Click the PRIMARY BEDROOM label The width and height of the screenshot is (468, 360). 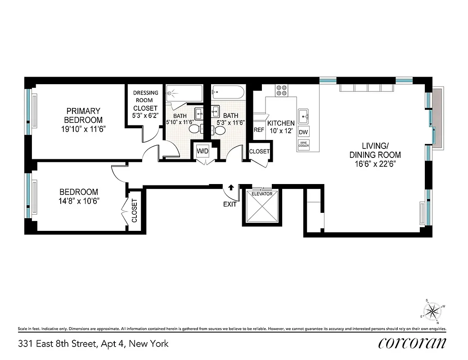[83, 115]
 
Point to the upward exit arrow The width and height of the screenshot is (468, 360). [231, 187]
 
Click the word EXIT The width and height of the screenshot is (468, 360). [230, 204]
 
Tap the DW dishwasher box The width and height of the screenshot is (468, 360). [303, 132]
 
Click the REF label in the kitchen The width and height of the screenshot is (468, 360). [259, 130]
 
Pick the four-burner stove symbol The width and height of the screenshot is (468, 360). [282, 90]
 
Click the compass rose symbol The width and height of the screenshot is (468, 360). [432, 310]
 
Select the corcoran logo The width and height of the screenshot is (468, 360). [413, 343]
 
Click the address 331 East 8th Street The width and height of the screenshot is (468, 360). [93, 344]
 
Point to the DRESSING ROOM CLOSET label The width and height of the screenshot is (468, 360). [145, 104]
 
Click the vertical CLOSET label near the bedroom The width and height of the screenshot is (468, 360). [134, 211]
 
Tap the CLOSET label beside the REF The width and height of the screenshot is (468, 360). [259, 152]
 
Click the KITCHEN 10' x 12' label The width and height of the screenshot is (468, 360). [281, 126]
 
